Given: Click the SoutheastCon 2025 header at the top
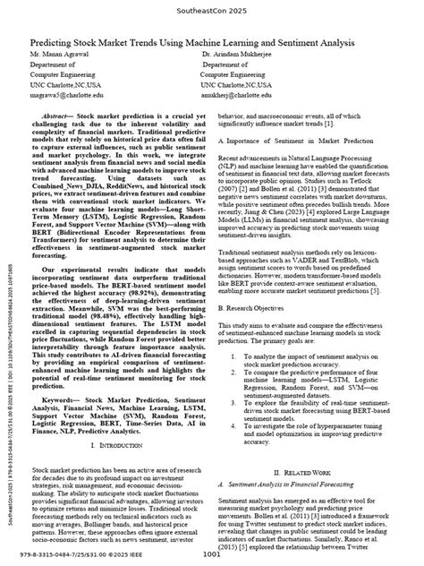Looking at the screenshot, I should [x=211, y=13].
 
